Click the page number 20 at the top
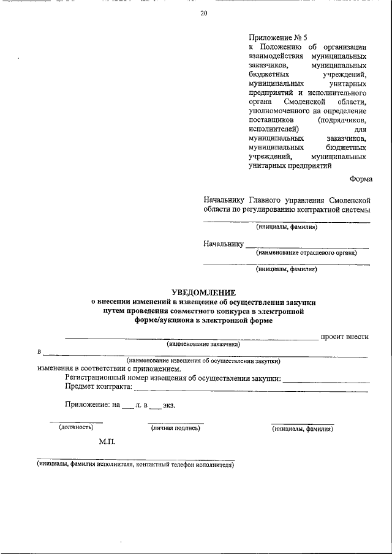click(x=203, y=15)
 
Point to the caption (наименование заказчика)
click(x=203, y=344)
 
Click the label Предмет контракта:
click(x=99, y=387)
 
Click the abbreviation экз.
click(x=169, y=405)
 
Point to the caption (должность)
click(x=76, y=428)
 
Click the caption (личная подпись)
click(x=176, y=429)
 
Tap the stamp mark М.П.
click(x=107, y=441)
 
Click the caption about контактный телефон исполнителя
click(x=135, y=465)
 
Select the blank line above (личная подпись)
click(x=176, y=423)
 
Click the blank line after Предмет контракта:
click(x=251, y=390)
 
